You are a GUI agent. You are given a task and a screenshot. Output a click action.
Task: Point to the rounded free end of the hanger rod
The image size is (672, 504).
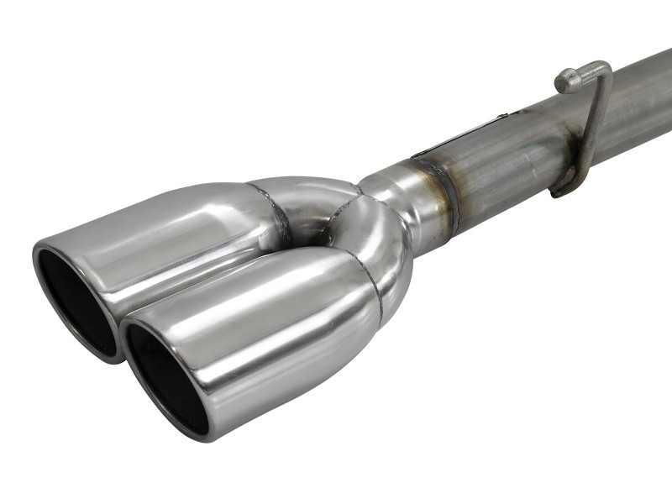pos(564,80)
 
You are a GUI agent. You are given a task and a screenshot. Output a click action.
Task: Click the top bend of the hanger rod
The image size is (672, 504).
pos(600,67)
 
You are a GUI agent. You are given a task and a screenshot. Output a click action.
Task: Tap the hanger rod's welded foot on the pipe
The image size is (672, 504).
pos(561,186)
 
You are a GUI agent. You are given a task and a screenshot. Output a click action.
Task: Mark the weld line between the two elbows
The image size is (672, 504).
pos(353,210)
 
